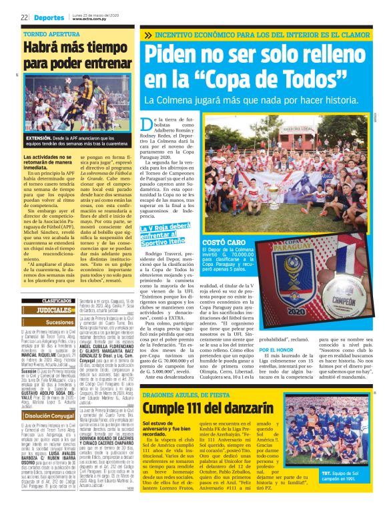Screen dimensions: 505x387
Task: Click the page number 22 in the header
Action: (x=24, y=17)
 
